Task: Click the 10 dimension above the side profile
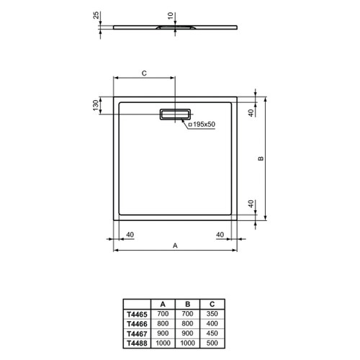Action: click(170, 15)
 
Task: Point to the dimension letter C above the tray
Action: click(143, 73)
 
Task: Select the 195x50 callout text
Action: click(203, 125)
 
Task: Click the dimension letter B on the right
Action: click(261, 158)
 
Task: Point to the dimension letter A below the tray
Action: click(174, 246)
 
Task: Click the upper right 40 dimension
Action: click(251, 113)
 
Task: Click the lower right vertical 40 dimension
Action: click(251, 204)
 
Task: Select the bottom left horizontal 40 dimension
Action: click(130, 234)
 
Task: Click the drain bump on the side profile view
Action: click(170, 27)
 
